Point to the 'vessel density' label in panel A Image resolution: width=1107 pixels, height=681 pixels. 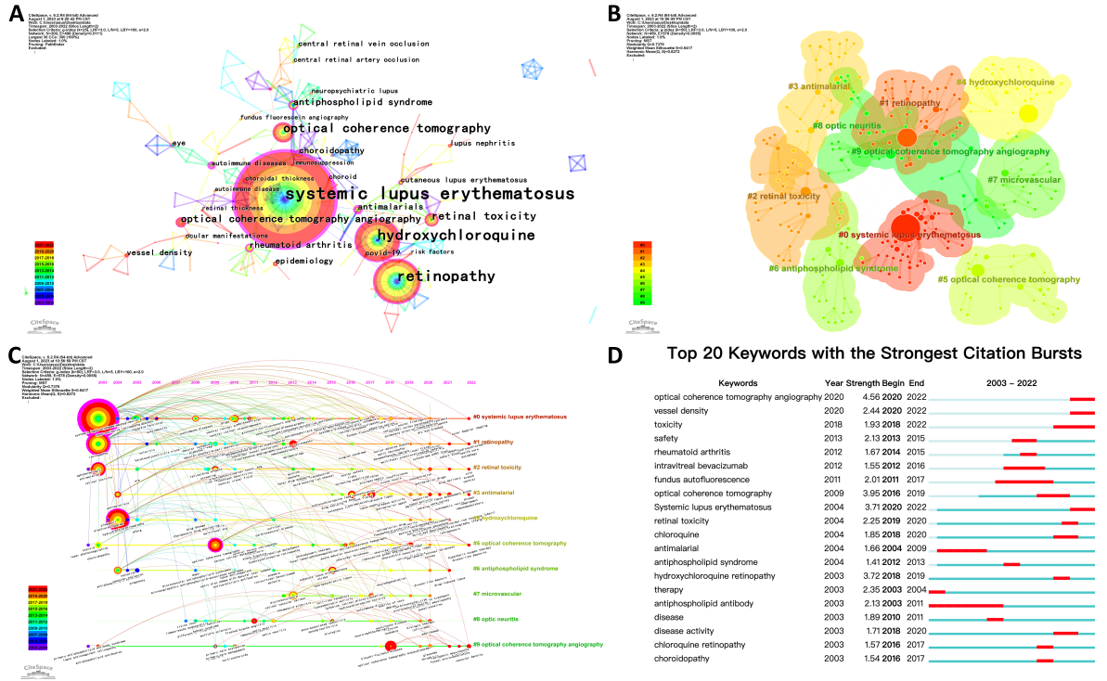pyautogui.click(x=153, y=252)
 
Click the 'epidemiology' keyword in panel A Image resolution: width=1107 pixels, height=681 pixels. pyautogui.click(x=303, y=261)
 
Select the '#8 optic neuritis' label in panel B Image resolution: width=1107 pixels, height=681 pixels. pyautogui.click(x=845, y=125)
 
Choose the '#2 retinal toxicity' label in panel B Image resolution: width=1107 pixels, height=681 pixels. pyautogui.click(x=784, y=197)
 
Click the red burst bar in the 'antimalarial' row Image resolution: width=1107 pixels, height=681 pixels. pyautogui.click(x=961, y=550)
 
